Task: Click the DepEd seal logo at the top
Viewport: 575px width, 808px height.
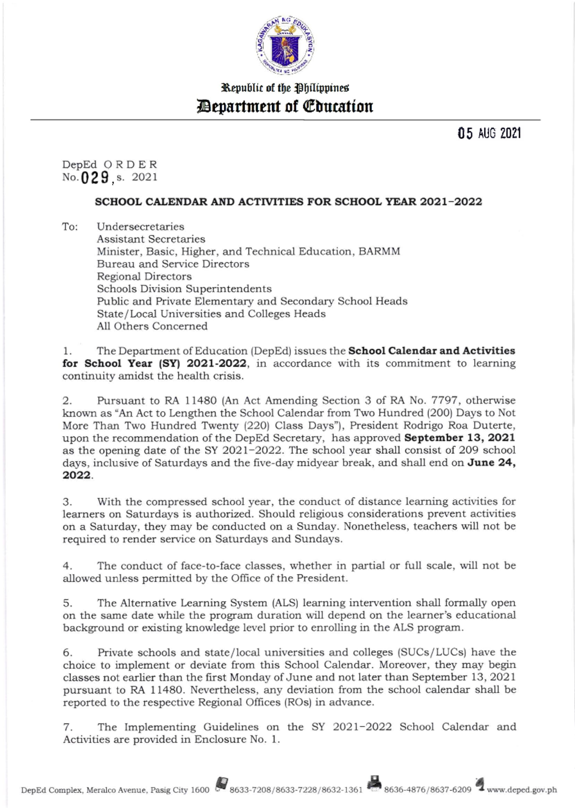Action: click(285, 46)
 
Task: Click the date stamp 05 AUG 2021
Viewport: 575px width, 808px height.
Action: click(489, 134)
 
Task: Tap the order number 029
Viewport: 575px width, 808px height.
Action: click(94, 178)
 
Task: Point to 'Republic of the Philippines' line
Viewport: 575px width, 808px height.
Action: click(285, 88)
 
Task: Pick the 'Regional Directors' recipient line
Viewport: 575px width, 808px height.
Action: click(144, 277)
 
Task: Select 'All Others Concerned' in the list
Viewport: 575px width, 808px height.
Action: click(152, 326)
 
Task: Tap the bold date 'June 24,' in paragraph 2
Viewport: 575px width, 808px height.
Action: click(491, 463)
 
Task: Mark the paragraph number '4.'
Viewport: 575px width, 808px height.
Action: click(68, 566)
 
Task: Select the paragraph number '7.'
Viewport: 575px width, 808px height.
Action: click(68, 727)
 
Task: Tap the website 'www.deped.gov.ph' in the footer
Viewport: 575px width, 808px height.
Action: click(522, 790)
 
